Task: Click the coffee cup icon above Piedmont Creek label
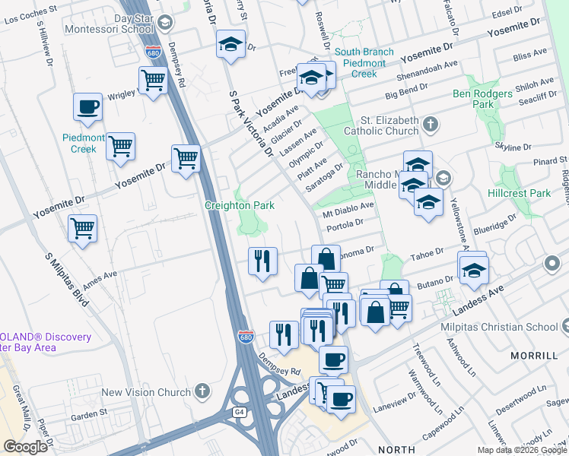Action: [x=87, y=106]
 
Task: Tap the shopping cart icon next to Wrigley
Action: [x=153, y=80]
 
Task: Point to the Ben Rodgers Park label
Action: [x=484, y=99]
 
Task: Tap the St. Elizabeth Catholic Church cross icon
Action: [x=431, y=123]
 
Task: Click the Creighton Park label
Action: [x=240, y=205]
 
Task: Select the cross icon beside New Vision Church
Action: [x=202, y=391]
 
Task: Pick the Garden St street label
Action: [x=90, y=415]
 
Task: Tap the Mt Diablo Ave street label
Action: [x=350, y=206]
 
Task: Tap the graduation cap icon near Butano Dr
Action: [x=472, y=271]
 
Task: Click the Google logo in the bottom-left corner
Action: [x=26, y=447]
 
